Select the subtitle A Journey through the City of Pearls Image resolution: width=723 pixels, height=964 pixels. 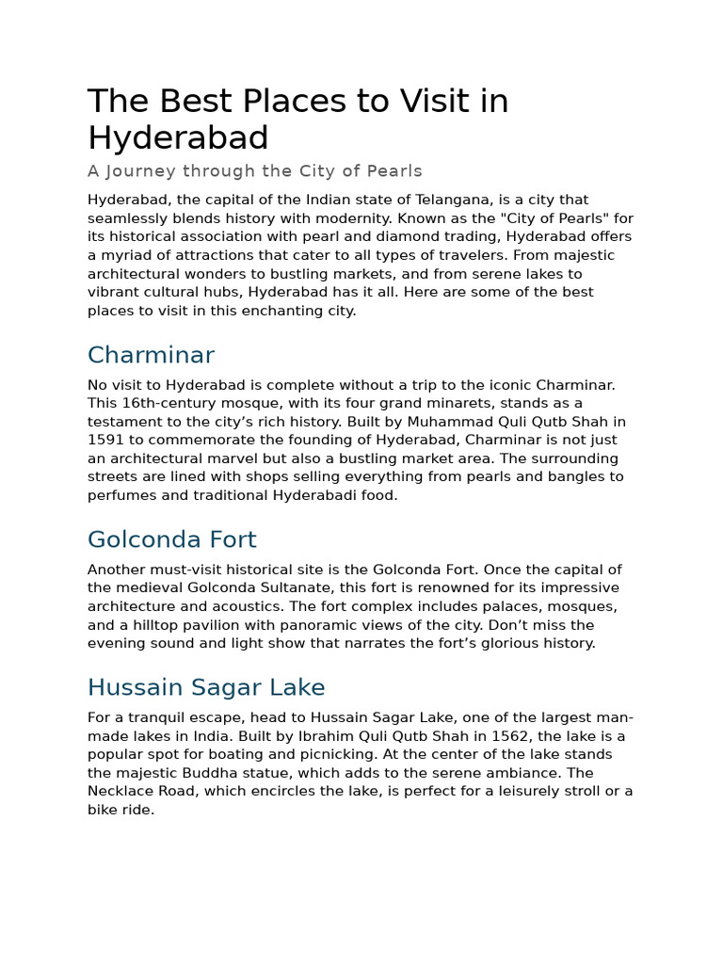pos(254,171)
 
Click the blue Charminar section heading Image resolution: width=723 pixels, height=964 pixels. pos(151,355)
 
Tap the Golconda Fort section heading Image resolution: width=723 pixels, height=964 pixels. pos(171,539)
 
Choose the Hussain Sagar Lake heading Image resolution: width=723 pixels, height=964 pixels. pos(206,686)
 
